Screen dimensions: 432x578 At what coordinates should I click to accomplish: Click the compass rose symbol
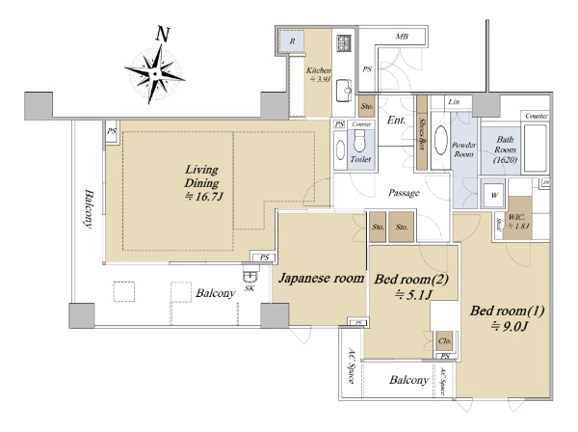[x=154, y=72]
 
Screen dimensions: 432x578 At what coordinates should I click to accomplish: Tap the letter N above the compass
[x=163, y=33]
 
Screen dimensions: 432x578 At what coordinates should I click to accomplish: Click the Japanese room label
[x=321, y=279]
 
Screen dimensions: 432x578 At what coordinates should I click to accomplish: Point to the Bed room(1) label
[x=507, y=318]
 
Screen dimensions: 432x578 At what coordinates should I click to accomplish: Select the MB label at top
[x=403, y=37]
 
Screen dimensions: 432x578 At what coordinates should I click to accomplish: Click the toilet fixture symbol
[x=359, y=148]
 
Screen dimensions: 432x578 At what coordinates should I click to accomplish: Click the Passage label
[x=404, y=193]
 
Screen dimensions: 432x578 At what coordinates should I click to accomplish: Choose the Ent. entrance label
[x=395, y=121]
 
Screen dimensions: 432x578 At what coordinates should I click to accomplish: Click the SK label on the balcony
[x=249, y=287]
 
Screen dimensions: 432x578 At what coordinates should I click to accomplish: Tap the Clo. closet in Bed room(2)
[x=444, y=340]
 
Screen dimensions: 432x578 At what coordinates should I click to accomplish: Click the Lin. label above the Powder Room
[x=455, y=101]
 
